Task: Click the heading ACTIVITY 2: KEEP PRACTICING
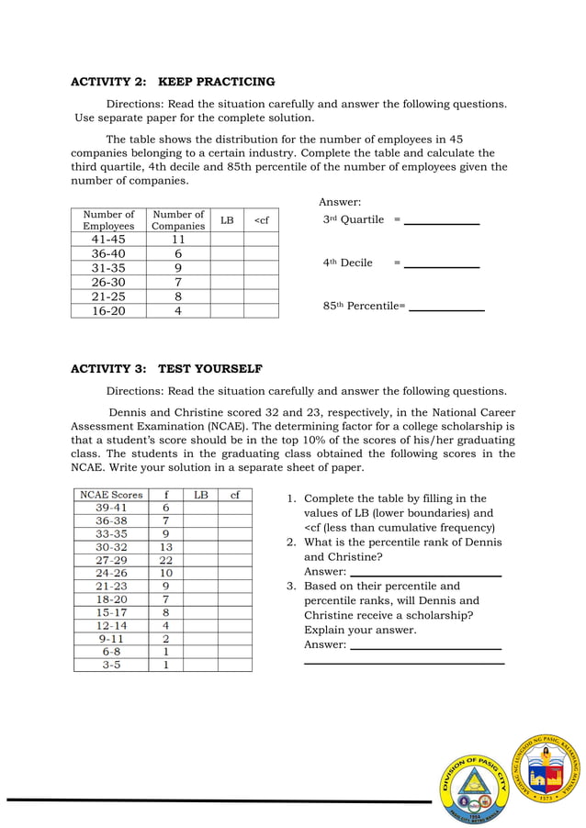173,82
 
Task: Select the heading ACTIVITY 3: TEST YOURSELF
166,369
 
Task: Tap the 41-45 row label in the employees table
108,240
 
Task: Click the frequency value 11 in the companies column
178,240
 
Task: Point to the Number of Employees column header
108,220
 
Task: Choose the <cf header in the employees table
261,220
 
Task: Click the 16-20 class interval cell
108,311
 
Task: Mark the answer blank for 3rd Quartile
442,221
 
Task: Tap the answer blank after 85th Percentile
446,308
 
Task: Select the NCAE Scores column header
111,495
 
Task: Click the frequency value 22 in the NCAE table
165,560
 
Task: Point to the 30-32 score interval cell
111,547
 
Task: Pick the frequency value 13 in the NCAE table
165,547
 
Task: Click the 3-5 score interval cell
111,665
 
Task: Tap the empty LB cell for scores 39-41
200,508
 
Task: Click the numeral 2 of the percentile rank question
290,543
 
